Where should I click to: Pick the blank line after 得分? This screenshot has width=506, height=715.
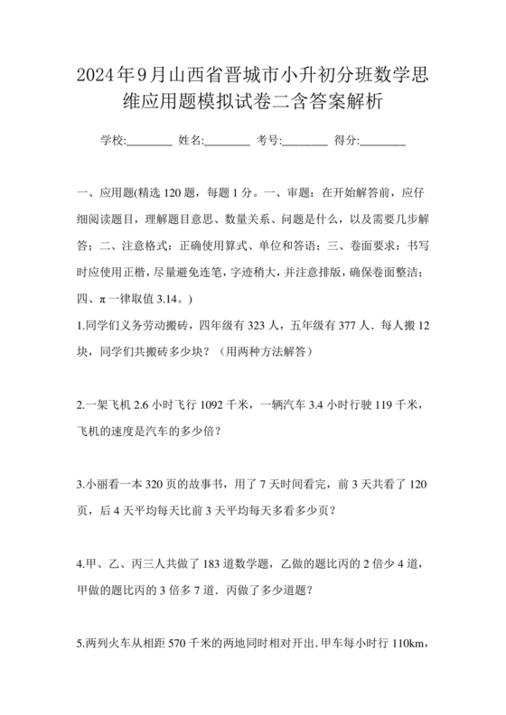(383, 140)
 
